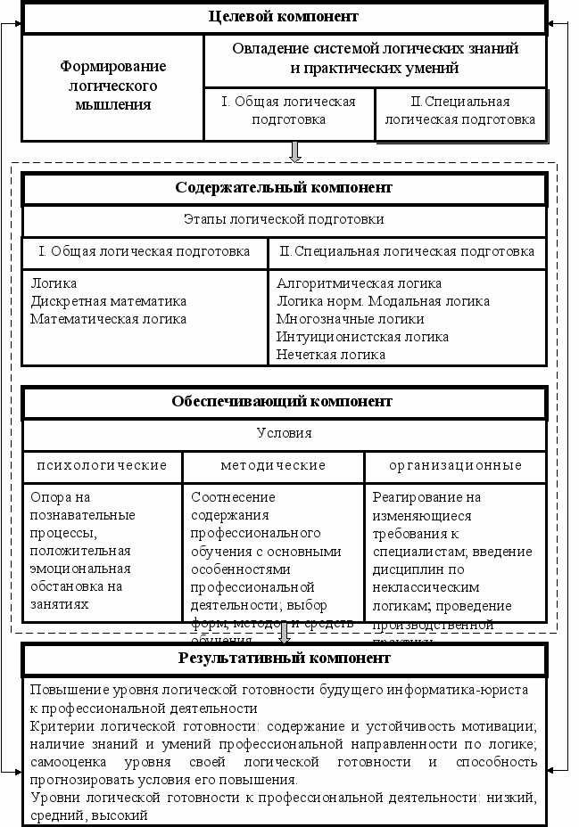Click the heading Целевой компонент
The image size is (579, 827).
tap(284, 17)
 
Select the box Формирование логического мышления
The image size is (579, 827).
tap(112, 86)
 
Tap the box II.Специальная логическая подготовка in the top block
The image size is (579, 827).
tap(460, 111)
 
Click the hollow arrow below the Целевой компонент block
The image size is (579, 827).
tap(296, 151)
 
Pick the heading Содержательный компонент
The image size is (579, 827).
tap(284, 188)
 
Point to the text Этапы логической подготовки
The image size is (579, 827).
tap(284, 219)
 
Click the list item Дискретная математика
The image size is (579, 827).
tap(109, 301)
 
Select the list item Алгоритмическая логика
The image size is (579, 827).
tap(360, 283)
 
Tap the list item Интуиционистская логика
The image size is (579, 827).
tap(362, 337)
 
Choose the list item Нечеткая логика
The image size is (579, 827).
tap(331, 355)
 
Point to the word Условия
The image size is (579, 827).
tap(284, 433)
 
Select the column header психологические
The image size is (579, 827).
tap(102, 465)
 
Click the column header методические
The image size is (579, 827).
tap(273, 465)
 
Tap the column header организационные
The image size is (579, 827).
tap(455, 465)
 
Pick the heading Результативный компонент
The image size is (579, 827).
tap(284, 659)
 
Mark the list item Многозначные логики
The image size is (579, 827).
tap(351, 319)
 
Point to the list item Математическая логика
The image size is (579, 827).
tap(109, 319)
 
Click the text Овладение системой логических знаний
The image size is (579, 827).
tap(375, 48)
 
